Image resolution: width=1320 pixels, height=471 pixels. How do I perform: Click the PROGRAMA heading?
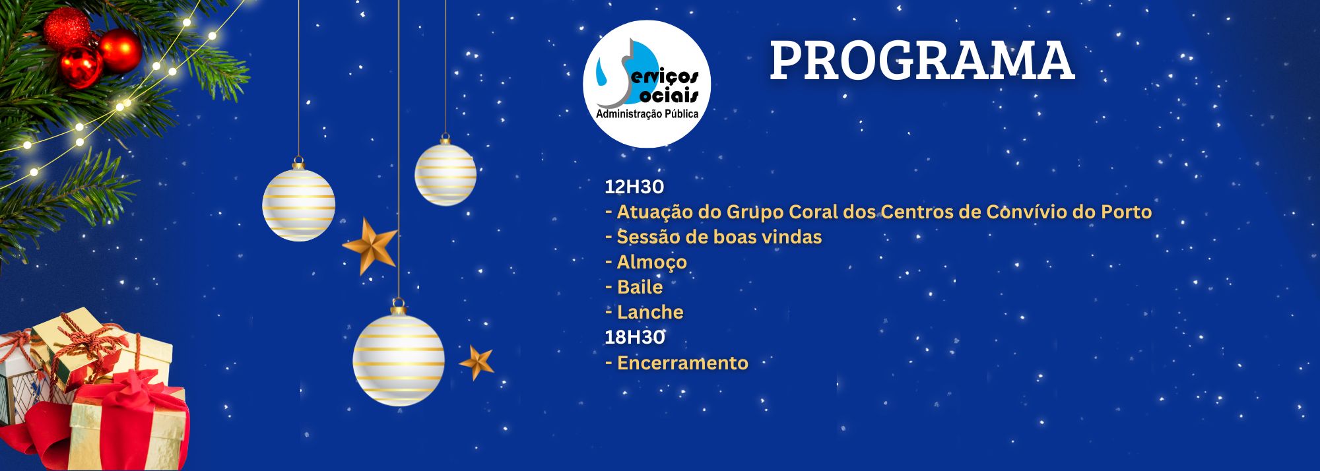921,61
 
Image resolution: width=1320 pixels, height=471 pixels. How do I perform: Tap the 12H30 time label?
634,187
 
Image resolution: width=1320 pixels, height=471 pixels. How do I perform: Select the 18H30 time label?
635,337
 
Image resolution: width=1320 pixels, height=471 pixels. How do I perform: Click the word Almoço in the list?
652,263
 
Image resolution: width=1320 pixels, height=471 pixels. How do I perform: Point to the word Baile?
640,287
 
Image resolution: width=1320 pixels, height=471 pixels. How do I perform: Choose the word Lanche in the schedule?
650,312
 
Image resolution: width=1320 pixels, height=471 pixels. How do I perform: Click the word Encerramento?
682,363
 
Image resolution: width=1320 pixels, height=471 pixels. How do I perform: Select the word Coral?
813,212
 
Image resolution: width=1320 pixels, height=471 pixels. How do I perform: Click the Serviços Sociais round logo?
647,84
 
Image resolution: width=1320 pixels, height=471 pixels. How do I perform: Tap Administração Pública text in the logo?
647,114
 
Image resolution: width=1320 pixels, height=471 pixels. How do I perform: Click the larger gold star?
370,245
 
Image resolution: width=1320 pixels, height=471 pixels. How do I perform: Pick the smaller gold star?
477,362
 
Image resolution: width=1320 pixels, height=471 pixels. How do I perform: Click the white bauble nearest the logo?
445,172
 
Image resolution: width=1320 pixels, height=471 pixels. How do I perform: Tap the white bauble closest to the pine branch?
298,203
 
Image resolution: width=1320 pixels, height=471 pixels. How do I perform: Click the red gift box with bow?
125,422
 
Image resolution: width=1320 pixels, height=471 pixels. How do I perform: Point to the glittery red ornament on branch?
66,28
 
